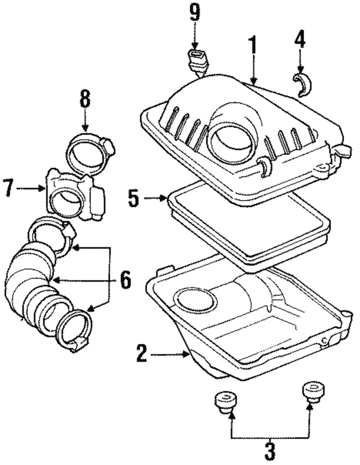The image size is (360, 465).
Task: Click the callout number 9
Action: pos(195,13)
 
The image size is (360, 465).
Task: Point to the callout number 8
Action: pos(85,101)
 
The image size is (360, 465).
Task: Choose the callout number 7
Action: pos(8,187)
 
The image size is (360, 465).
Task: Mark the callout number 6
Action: pos(125,279)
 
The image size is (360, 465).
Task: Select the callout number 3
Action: pos(270,450)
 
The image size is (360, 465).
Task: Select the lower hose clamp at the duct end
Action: pos(74,330)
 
